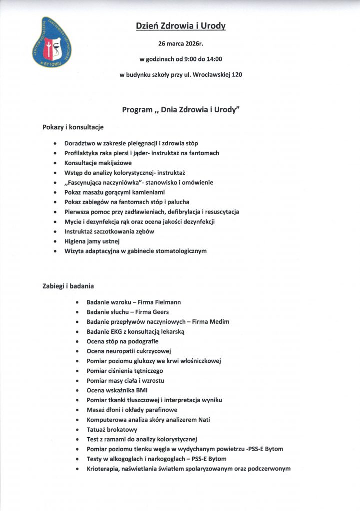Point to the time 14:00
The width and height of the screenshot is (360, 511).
click(214, 59)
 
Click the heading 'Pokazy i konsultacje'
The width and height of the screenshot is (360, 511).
click(73, 127)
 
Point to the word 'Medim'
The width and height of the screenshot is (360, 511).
click(219, 322)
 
